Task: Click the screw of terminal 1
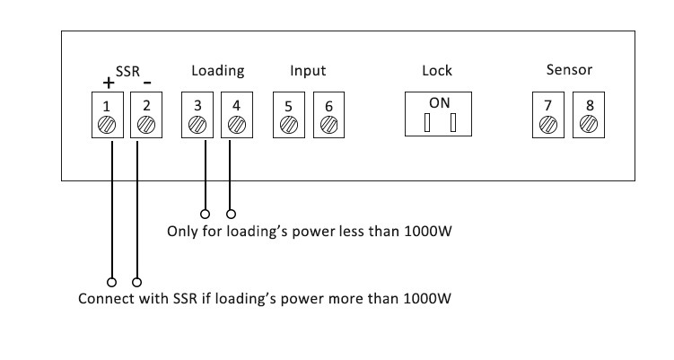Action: [x=107, y=125]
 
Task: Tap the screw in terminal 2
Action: [x=146, y=125]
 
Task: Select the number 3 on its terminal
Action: [x=197, y=105]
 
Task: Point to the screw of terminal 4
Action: [x=237, y=125]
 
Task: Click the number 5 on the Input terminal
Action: [x=288, y=106]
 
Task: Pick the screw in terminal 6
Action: [x=328, y=125]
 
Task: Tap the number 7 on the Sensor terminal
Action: [x=547, y=105]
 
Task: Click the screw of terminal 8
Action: [x=589, y=124]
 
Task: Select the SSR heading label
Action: [x=127, y=72]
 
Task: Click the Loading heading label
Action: [x=218, y=71]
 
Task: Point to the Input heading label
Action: [x=308, y=71]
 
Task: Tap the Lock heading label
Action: [x=437, y=71]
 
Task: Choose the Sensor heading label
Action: [x=569, y=70]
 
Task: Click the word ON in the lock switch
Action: [x=439, y=103]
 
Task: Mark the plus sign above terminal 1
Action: [x=109, y=83]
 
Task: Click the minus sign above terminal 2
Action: [x=147, y=82]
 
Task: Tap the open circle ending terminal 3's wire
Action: [x=205, y=214]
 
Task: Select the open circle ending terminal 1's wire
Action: [x=111, y=282]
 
